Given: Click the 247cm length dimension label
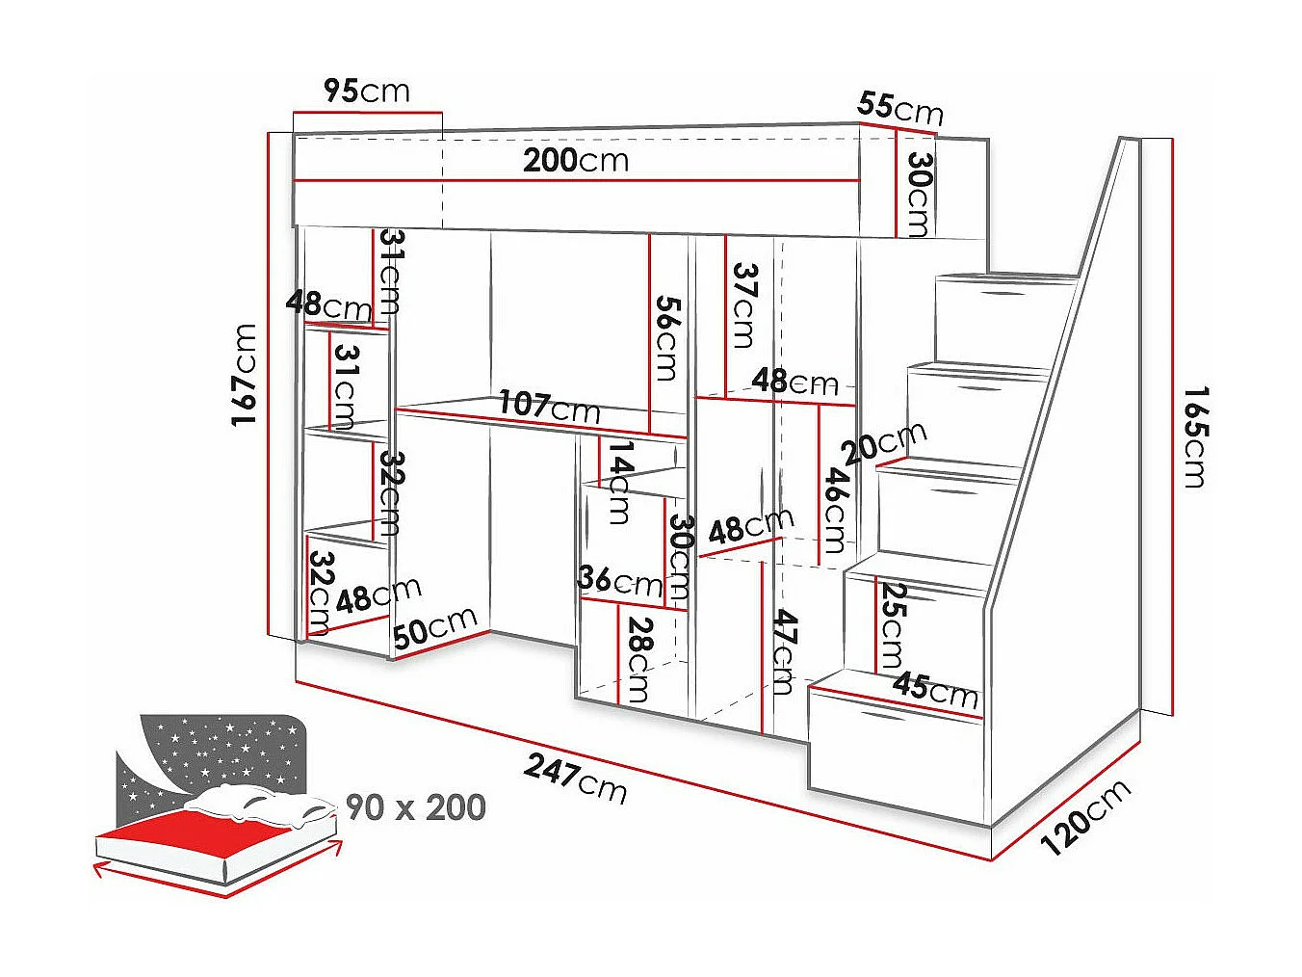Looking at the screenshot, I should (576, 778).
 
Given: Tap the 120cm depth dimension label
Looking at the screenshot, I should (1085, 817).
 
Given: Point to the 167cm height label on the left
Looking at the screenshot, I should (245, 375).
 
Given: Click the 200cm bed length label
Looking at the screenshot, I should (576, 160).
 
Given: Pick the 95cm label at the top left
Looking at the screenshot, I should (367, 91).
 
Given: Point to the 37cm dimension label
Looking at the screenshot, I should (744, 304).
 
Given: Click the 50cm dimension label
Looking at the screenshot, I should (434, 626).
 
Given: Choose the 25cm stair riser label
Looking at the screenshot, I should (893, 625).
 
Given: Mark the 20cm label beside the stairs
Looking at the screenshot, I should (884, 442).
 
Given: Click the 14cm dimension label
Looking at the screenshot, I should (620, 482).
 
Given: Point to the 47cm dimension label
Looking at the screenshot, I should (785, 651).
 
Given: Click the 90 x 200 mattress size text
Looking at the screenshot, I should (415, 806).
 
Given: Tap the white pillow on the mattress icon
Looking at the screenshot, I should (255, 805).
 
